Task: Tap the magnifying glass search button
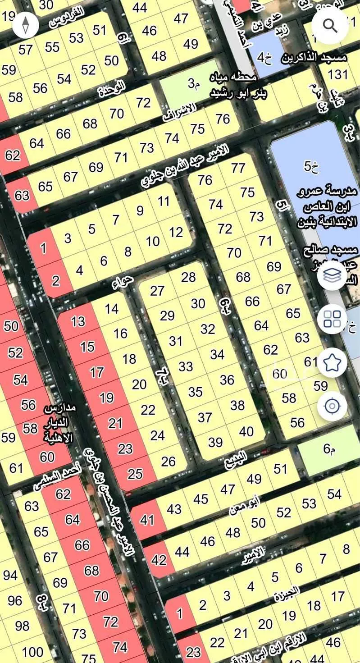(x=330, y=26)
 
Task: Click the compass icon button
(x=26, y=25)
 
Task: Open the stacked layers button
(x=332, y=276)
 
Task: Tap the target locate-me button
(x=332, y=406)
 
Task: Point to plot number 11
(x=164, y=201)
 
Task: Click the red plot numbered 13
(x=78, y=321)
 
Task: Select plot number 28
(x=188, y=277)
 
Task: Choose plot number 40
(x=246, y=431)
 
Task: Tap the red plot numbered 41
(x=147, y=520)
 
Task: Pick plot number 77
(x=238, y=168)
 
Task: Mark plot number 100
(x=32, y=652)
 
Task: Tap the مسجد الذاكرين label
(x=314, y=58)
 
